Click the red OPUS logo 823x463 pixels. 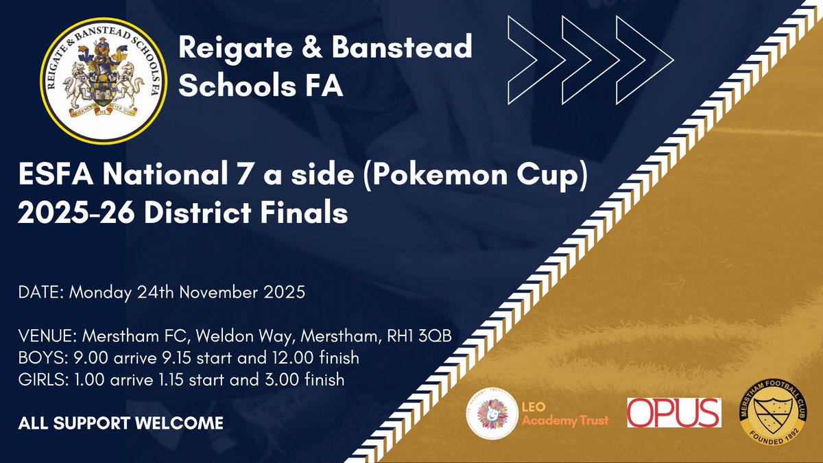(x=674, y=413)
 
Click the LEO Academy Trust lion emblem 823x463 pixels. (x=490, y=413)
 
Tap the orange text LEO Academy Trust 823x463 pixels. (x=564, y=414)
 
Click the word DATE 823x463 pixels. (x=38, y=292)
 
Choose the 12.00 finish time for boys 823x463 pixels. (x=289, y=358)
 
